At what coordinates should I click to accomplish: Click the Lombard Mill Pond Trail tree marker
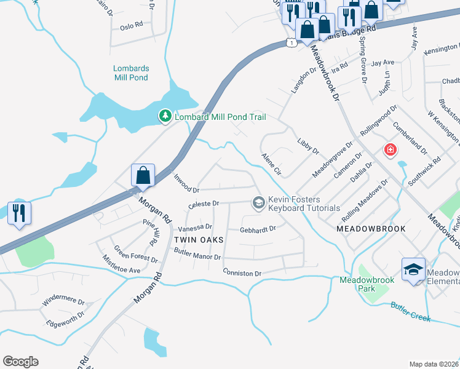click(165, 116)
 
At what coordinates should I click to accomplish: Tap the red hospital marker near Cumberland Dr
click(389, 149)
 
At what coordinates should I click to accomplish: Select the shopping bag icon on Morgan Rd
click(143, 175)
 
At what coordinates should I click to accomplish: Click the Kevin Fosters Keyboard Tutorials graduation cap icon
click(258, 202)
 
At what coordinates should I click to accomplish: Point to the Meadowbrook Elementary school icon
click(413, 269)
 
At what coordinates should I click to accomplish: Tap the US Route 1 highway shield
click(291, 42)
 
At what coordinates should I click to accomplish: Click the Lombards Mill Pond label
click(131, 73)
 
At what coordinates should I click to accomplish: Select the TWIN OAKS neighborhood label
click(197, 239)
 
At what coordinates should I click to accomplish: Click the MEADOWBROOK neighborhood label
click(371, 228)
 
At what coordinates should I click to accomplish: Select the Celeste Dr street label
click(203, 203)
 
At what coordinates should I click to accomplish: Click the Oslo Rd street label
click(131, 26)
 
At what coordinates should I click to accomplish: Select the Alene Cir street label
click(271, 165)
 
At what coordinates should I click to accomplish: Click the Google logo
click(20, 362)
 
